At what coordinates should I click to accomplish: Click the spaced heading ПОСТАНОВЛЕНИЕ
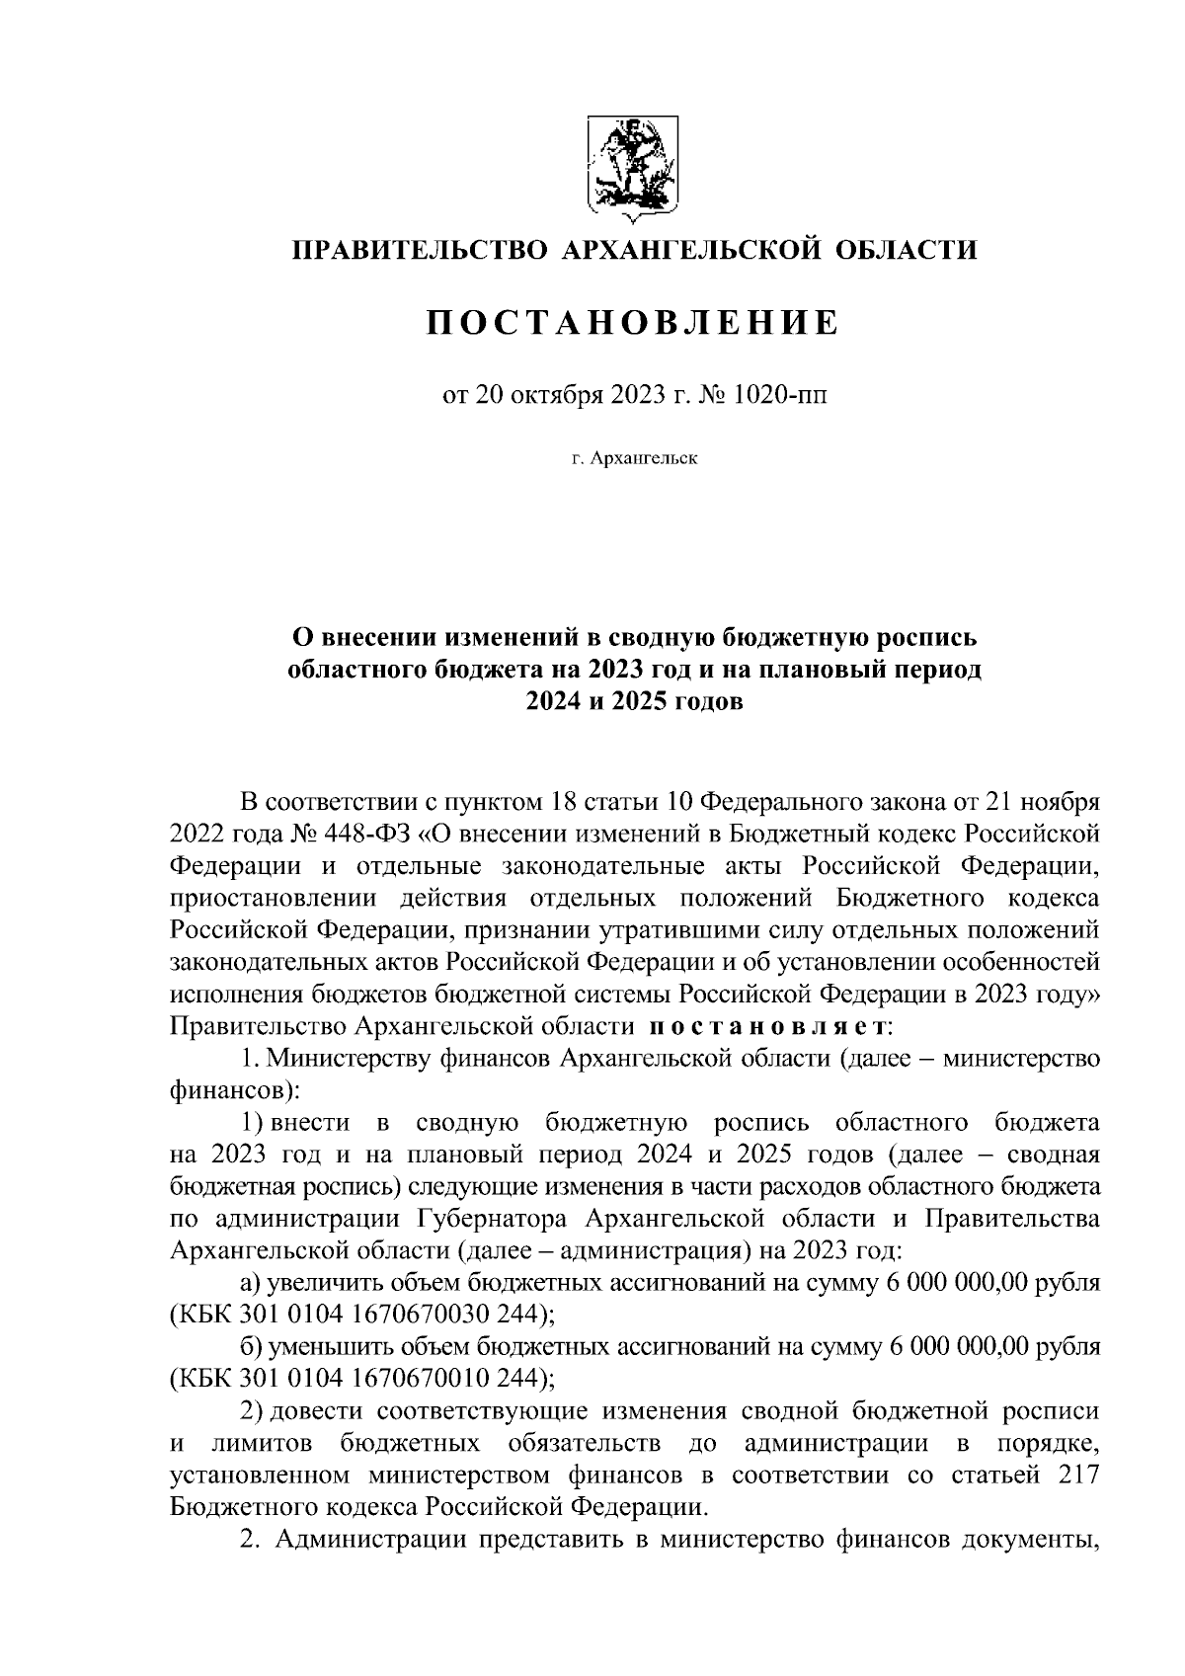(632, 323)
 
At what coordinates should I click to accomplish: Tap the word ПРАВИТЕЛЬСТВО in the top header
(419, 250)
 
